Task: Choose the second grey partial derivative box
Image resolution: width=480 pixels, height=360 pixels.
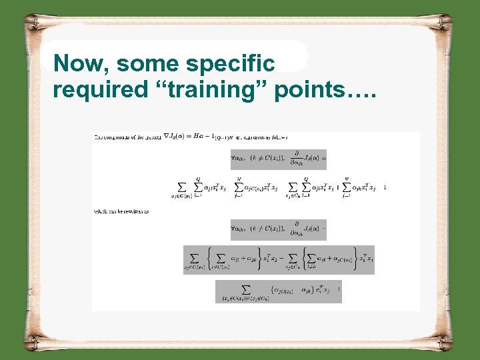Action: pos(278,229)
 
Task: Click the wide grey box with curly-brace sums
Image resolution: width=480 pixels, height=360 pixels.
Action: pos(279,260)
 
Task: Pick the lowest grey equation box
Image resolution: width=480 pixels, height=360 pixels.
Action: pos(278,291)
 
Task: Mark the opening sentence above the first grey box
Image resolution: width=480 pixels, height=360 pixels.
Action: pos(190,137)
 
